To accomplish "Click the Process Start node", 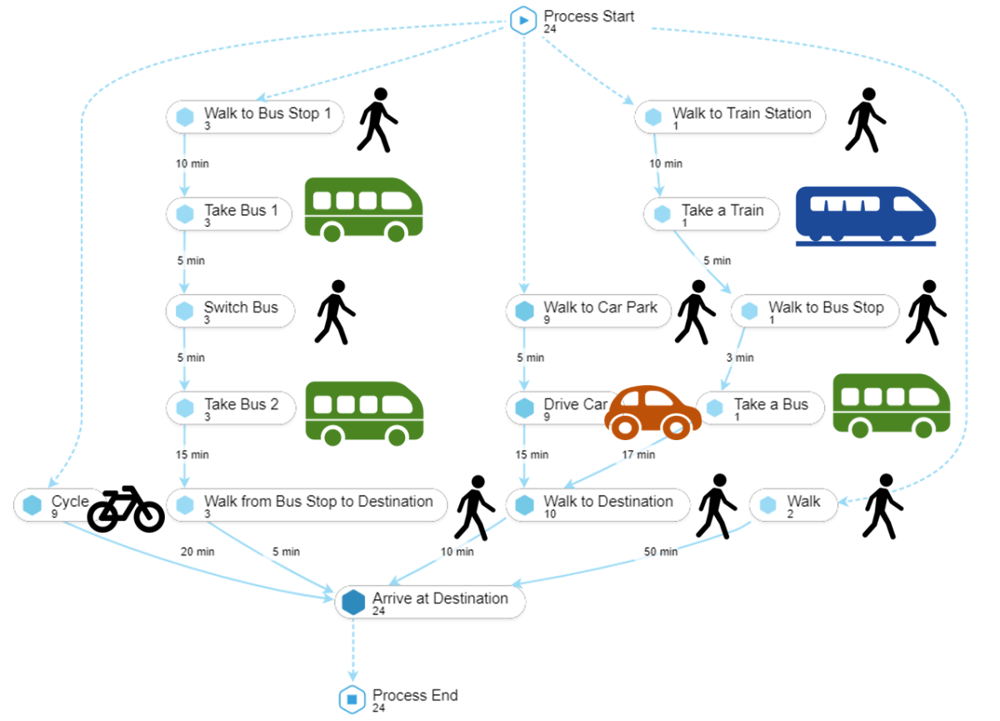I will tap(523, 20).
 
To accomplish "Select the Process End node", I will tap(352, 698).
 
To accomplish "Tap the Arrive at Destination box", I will tap(430, 602).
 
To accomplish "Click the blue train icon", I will tap(865, 216).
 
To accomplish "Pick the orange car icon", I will tap(652, 412).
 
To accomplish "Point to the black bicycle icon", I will tap(126, 509).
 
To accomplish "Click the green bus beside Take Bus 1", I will tap(362, 208).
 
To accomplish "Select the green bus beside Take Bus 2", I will tap(364, 412).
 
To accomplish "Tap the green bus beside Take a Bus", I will tap(891, 404).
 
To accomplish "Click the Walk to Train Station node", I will tap(730, 117).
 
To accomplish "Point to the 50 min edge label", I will tap(661, 552).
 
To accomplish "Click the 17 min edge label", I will tap(638, 455).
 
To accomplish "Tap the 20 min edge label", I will tap(197, 552).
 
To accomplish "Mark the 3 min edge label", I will tap(739, 358).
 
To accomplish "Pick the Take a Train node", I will tap(711, 214).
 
